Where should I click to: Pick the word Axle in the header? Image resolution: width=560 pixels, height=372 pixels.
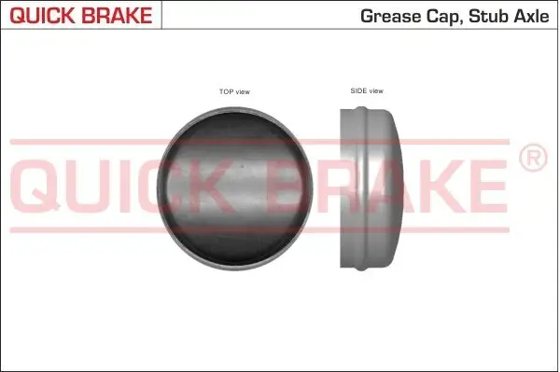(531, 15)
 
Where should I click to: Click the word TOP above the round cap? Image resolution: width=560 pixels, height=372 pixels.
(225, 92)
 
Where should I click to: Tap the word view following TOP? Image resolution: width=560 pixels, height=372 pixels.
(243, 92)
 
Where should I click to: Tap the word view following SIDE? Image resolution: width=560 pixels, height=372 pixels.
(375, 91)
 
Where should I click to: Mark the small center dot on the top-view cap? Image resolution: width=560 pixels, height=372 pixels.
(241, 169)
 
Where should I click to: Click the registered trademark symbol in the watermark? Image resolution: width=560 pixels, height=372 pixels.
(532, 159)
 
